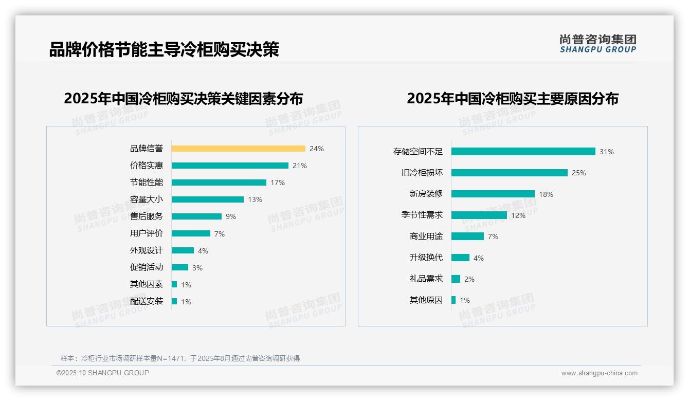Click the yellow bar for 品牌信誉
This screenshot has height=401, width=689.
tap(238, 149)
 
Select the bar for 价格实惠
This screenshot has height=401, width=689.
tap(230, 166)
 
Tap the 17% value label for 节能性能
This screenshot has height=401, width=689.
tap(278, 183)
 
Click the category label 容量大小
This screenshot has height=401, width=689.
tap(146, 199)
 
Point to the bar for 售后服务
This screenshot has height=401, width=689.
tap(196, 216)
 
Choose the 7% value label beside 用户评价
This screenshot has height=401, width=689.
tap(220, 234)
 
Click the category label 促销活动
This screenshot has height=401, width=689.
tap(146, 267)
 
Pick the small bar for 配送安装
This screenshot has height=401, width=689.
tap(174, 301)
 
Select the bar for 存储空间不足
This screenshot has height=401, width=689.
tap(523, 152)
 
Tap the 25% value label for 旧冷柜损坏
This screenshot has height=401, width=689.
tap(579, 173)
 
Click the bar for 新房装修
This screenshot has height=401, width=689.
tap(493, 194)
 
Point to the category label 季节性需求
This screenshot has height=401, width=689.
tap(422, 215)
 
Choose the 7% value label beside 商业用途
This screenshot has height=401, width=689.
tap(493, 236)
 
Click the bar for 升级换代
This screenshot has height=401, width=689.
tap(460, 258)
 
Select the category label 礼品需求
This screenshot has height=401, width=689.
tap(426, 279)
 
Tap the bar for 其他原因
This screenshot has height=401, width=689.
tap(454, 300)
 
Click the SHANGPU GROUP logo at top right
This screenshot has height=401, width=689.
tap(597, 44)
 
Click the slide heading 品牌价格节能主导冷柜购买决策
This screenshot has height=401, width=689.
tap(164, 50)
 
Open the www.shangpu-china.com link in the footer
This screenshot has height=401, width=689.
tap(599, 373)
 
